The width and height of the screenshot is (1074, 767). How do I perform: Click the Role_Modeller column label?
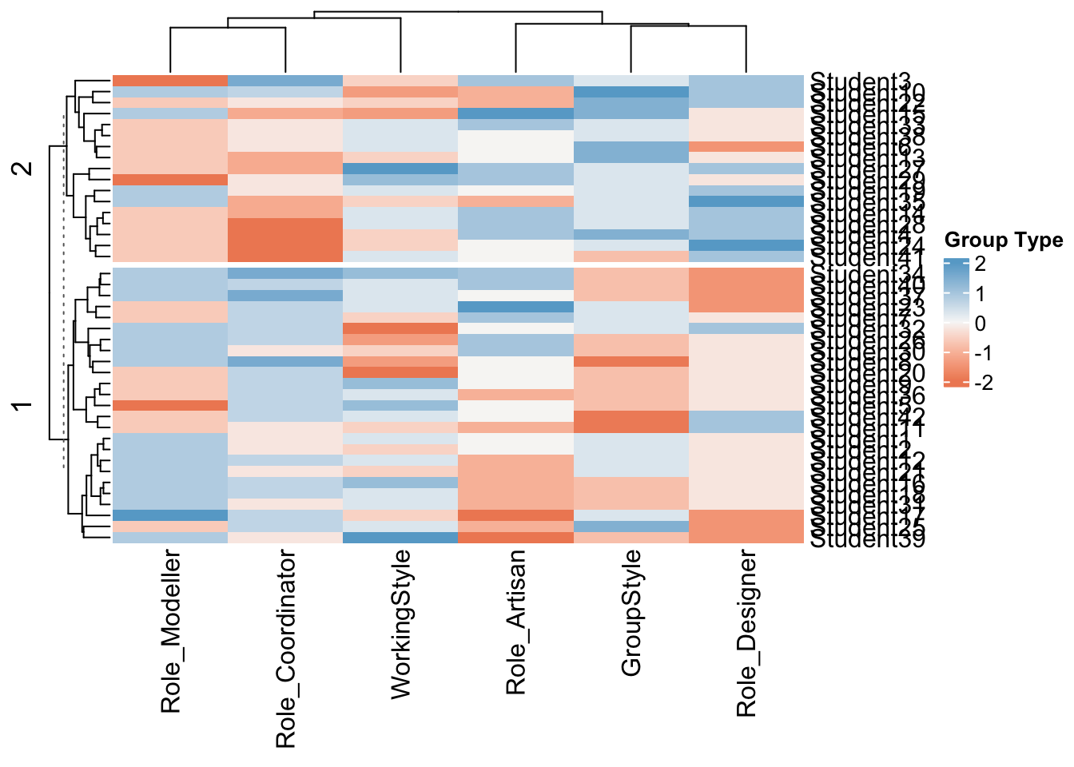coord(171,631)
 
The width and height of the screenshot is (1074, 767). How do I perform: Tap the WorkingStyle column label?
coord(401,624)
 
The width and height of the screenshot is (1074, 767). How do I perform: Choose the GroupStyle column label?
coord(631,613)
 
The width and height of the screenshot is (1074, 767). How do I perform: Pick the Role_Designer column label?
coord(746,633)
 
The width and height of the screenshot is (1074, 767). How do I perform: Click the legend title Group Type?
coord(1003,240)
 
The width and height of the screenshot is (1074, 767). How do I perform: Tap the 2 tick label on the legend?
coord(981,264)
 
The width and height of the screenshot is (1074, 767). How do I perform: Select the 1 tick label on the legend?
coord(981,294)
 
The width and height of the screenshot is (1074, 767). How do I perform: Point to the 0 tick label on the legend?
coord(981,324)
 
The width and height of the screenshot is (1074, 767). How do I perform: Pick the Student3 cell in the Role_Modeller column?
coord(170,80)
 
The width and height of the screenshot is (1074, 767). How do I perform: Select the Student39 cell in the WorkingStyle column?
coord(400,538)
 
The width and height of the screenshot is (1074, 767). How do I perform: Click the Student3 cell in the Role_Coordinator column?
coord(285,80)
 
